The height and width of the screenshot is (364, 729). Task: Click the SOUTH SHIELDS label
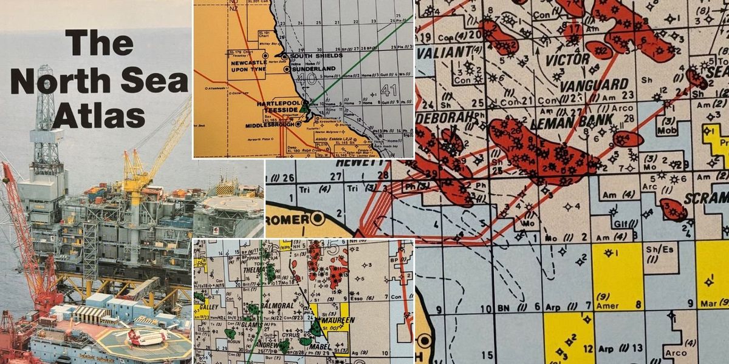[317, 56]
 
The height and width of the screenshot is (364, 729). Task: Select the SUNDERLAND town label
[313, 69]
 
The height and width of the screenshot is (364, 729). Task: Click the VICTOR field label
[568, 59]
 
